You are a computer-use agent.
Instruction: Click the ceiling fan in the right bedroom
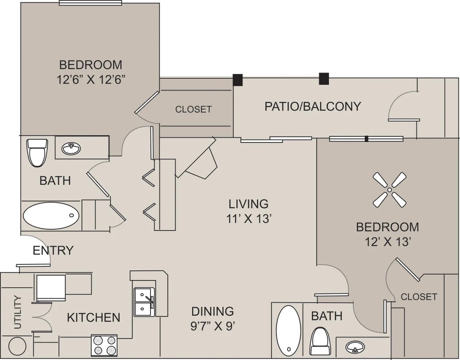pyautogui.click(x=389, y=190)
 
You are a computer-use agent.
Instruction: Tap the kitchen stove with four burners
pyautogui.click(x=104, y=345)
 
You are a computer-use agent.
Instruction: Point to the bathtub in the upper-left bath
pyautogui.click(x=51, y=216)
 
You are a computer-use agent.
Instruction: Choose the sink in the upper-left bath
pyautogui.click(x=72, y=149)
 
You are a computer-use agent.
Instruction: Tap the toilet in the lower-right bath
pyautogui.click(x=320, y=341)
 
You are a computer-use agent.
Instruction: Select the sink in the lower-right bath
pyautogui.click(x=354, y=348)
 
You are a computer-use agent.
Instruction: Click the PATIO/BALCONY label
pyautogui.click(x=312, y=106)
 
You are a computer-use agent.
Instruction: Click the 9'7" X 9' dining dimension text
pyautogui.click(x=213, y=326)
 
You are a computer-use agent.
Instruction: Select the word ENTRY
pyautogui.click(x=53, y=250)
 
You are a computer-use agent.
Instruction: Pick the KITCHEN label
pyautogui.click(x=93, y=317)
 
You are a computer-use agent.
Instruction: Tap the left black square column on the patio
pyautogui.click(x=237, y=80)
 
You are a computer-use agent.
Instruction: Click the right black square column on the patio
pyautogui.click(x=324, y=78)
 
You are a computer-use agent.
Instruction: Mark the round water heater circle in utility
pyautogui.click(x=17, y=346)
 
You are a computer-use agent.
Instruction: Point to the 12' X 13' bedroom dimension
pyautogui.click(x=388, y=242)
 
